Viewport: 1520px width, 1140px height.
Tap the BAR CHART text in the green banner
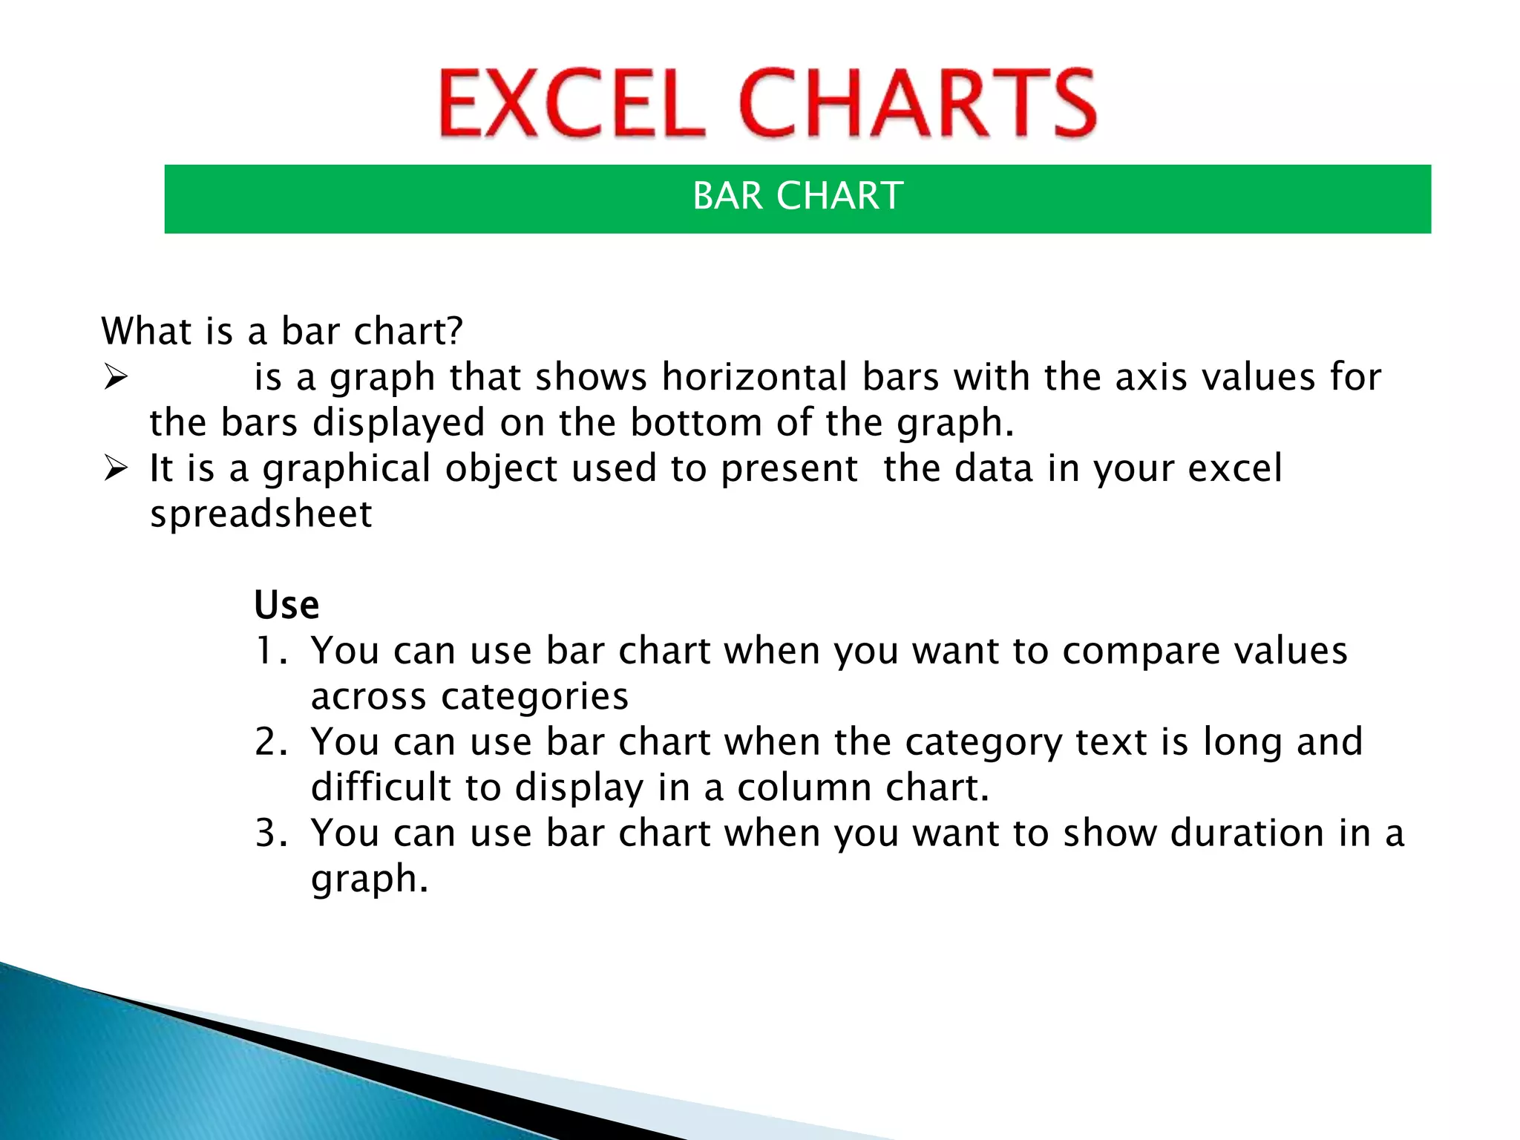point(798,196)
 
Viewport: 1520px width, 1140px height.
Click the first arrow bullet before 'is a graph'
point(116,377)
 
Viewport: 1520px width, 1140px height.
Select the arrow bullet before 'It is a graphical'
point(116,468)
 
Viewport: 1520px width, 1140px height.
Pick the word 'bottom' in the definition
point(696,423)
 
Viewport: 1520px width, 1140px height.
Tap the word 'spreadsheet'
point(261,514)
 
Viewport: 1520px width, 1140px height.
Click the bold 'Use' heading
point(286,605)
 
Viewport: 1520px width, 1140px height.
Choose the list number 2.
point(270,742)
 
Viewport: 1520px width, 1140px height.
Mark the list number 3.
point(270,833)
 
